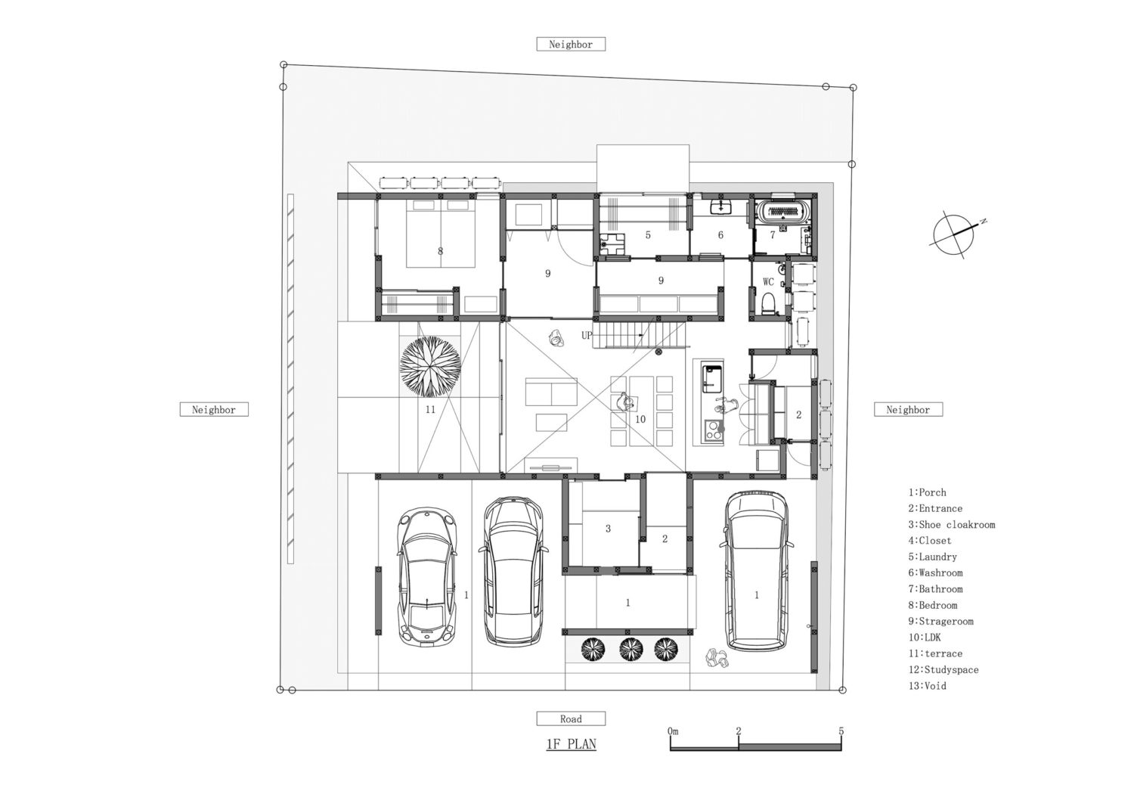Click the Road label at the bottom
point(571,718)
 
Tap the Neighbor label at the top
point(571,45)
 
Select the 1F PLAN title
point(571,744)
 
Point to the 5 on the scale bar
point(841,731)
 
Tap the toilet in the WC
point(769,303)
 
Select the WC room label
point(768,282)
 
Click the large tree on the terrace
point(430,367)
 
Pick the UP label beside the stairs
point(587,335)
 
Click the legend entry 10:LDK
point(925,638)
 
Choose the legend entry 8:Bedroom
point(932,605)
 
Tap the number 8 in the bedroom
point(441,250)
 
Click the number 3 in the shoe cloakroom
point(608,529)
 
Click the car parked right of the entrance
point(756,570)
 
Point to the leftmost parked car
point(428,578)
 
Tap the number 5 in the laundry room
point(648,235)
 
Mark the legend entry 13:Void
point(927,686)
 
